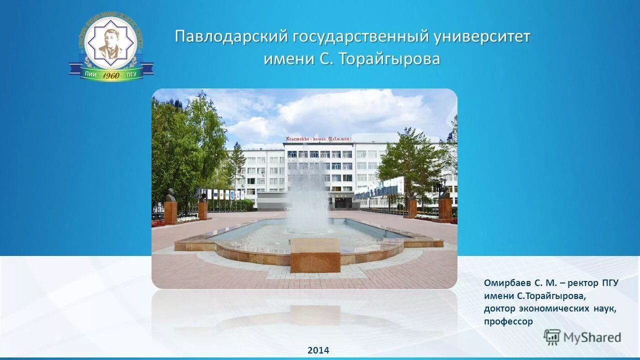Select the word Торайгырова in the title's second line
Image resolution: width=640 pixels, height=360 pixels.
click(x=389, y=59)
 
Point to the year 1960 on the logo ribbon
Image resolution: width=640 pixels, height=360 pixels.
click(x=110, y=75)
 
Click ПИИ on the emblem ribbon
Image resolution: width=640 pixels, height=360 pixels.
click(x=90, y=74)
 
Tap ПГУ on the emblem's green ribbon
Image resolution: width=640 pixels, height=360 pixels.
click(x=131, y=74)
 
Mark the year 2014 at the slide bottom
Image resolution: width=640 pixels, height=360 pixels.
click(x=318, y=350)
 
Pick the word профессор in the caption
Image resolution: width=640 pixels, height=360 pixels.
click(x=508, y=321)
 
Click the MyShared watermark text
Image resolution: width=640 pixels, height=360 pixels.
click(x=592, y=337)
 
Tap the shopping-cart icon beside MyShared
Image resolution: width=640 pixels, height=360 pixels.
click(x=552, y=337)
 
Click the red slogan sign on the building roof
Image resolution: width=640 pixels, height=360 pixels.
click(x=318, y=138)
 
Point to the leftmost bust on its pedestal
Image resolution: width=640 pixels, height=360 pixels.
click(x=170, y=196)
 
